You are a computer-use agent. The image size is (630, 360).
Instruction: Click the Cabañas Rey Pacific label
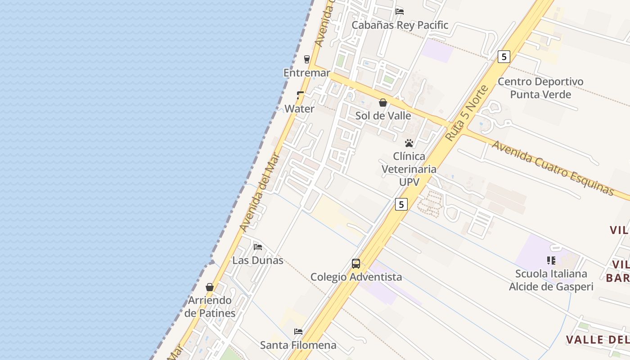pyautogui.click(x=400, y=25)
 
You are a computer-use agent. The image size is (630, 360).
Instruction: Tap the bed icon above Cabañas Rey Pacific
pyautogui.click(x=400, y=11)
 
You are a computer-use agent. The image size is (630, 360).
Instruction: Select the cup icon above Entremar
pyautogui.click(x=307, y=59)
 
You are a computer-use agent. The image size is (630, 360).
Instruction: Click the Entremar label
pyautogui.click(x=306, y=73)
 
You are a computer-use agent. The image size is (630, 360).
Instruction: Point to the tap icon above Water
pyautogui.click(x=300, y=95)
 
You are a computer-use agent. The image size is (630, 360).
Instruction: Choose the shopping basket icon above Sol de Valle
pyautogui.click(x=383, y=103)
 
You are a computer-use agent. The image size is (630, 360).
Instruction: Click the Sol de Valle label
pyautogui.click(x=383, y=116)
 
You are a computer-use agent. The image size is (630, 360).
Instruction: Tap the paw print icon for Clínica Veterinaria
pyautogui.click(x=409, y=143)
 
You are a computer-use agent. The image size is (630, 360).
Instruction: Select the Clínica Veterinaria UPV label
pyautogui.click(x=409, y=169)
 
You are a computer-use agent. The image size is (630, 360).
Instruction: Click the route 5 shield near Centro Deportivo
pyautogui.click(x=504, y=57)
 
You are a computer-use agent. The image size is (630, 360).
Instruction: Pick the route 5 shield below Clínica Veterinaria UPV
pyautogui.click(x=401, y=204)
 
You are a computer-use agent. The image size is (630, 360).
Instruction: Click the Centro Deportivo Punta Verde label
pyautogui.click(x=540, y=88)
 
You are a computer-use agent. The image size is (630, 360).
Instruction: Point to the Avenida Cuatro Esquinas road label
pyautogui.click(x=553, y=168)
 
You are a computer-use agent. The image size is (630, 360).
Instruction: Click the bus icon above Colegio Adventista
pyautogui.click(x=356, y=264)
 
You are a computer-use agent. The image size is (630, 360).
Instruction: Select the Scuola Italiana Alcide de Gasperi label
pyautogui.click(x=551, y=280)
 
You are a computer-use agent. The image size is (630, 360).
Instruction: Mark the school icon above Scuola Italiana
pyautogui.click(x=551, y=261)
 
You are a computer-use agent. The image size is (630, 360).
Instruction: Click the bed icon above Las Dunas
pyautogui.click(x=258, y=247)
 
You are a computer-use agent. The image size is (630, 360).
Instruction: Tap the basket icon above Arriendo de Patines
pyautogui.click(x=210, y=287)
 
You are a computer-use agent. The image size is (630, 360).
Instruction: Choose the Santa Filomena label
pyautogui.click(x=298, y=345)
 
